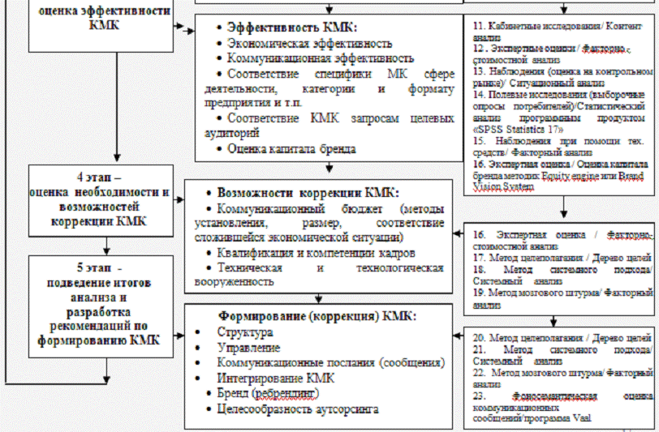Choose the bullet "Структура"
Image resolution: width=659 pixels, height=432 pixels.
[x=244, y=331]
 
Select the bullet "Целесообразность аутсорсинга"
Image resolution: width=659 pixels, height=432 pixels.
[x=298, y=409]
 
